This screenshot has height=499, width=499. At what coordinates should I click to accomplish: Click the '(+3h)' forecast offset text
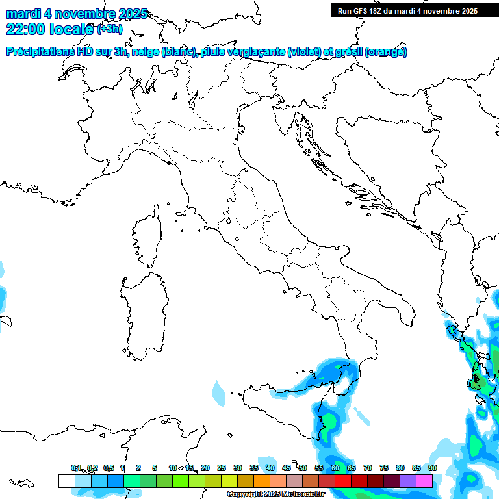(x=109, y=29)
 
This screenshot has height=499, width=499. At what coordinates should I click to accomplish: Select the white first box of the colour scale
(x=66, y=481)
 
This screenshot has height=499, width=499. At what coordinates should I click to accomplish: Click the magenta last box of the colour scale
(x=424, y=481)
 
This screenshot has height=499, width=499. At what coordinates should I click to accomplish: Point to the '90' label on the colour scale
(x=432, y=468)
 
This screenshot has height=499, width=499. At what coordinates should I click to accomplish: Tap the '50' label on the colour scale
(x=303, y=468)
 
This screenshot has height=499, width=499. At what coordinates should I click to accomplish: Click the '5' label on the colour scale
(x=155, y=468)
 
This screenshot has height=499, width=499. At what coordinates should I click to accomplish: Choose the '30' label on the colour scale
(x=238, y=468)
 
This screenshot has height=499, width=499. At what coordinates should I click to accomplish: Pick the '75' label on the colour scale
(x=384, y=468)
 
